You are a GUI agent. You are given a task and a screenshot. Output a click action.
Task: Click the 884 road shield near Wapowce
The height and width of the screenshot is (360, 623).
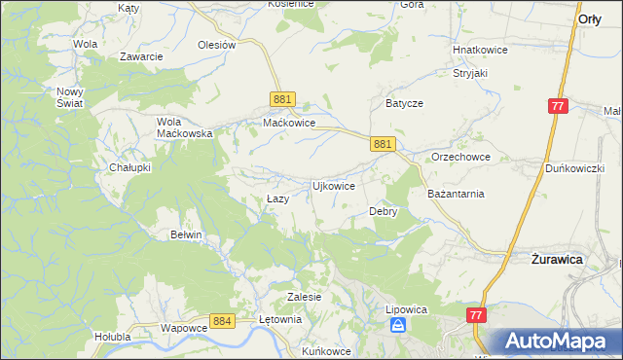222,320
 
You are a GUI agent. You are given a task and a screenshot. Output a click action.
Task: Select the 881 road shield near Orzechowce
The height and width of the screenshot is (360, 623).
383,144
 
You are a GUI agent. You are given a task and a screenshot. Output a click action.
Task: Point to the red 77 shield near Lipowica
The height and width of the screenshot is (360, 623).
476,315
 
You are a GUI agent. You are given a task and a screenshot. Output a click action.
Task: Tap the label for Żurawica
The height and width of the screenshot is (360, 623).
557,261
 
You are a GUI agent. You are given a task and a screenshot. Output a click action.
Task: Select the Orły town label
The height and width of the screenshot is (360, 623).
589,18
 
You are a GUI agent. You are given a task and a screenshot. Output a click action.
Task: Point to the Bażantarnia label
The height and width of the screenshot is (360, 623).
456,194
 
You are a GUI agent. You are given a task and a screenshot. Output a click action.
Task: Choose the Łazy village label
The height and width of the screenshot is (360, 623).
277,199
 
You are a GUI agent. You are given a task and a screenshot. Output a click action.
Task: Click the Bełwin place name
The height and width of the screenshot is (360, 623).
186,234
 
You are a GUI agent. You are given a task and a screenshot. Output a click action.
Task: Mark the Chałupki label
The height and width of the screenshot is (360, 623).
129,167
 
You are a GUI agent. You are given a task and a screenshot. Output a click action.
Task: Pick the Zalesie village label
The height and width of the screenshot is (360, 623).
305,297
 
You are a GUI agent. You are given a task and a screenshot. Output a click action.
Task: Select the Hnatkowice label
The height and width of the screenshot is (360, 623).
479,50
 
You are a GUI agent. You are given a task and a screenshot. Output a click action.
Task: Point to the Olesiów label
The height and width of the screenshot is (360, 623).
217,45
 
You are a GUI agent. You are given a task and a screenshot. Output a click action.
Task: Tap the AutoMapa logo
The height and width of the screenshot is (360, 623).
558,341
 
